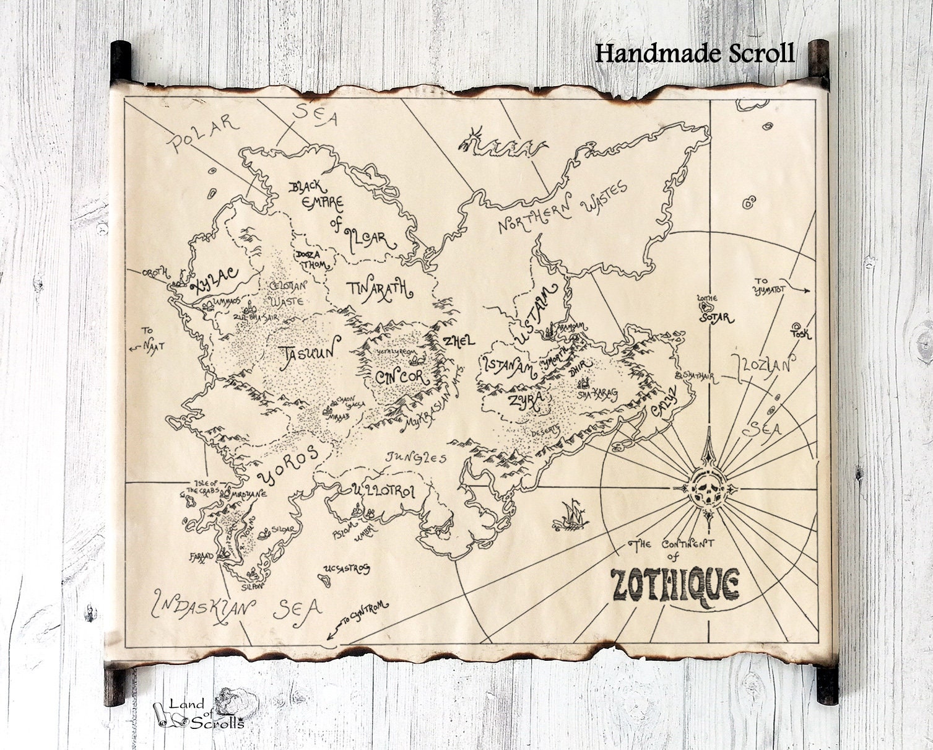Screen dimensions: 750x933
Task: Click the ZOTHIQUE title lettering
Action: point(675,583)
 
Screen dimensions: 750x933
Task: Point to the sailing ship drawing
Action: point(571,515)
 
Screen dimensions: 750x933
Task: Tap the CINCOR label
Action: point(401,377)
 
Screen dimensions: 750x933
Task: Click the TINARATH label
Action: point(378,289)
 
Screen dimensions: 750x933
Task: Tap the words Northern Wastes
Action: point(563,209)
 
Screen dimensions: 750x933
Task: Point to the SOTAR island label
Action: point(716,318)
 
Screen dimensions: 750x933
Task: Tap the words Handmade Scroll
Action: point(695,53)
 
